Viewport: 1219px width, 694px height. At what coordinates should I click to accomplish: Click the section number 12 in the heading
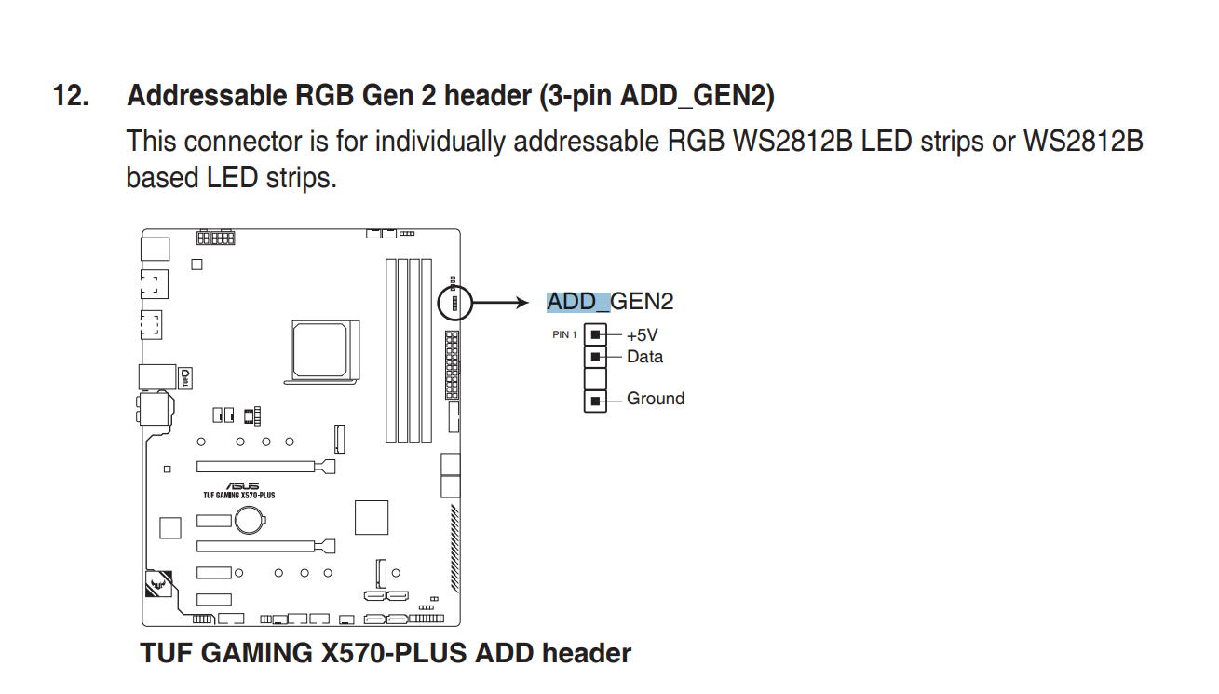71,96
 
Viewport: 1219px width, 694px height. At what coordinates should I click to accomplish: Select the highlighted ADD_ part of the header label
577,302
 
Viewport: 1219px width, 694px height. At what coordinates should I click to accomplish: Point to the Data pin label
644,357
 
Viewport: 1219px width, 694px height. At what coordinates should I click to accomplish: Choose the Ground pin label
655,399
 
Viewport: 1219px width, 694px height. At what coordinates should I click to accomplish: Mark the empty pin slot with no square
595,378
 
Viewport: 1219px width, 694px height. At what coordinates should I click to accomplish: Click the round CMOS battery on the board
250,521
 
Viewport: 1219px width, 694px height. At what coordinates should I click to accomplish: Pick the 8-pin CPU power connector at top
222,238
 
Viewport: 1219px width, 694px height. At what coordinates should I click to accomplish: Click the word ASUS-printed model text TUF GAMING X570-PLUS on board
238,496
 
